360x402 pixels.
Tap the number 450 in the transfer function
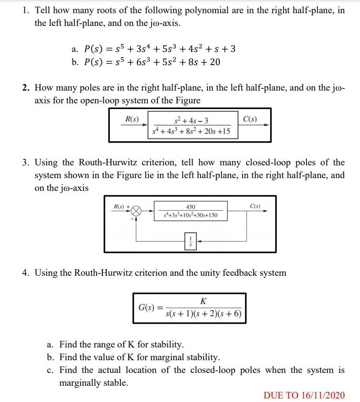(191, 207)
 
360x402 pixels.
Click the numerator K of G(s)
(203, 301)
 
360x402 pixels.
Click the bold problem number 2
(26, 88)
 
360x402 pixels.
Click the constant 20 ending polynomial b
(215, 62)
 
